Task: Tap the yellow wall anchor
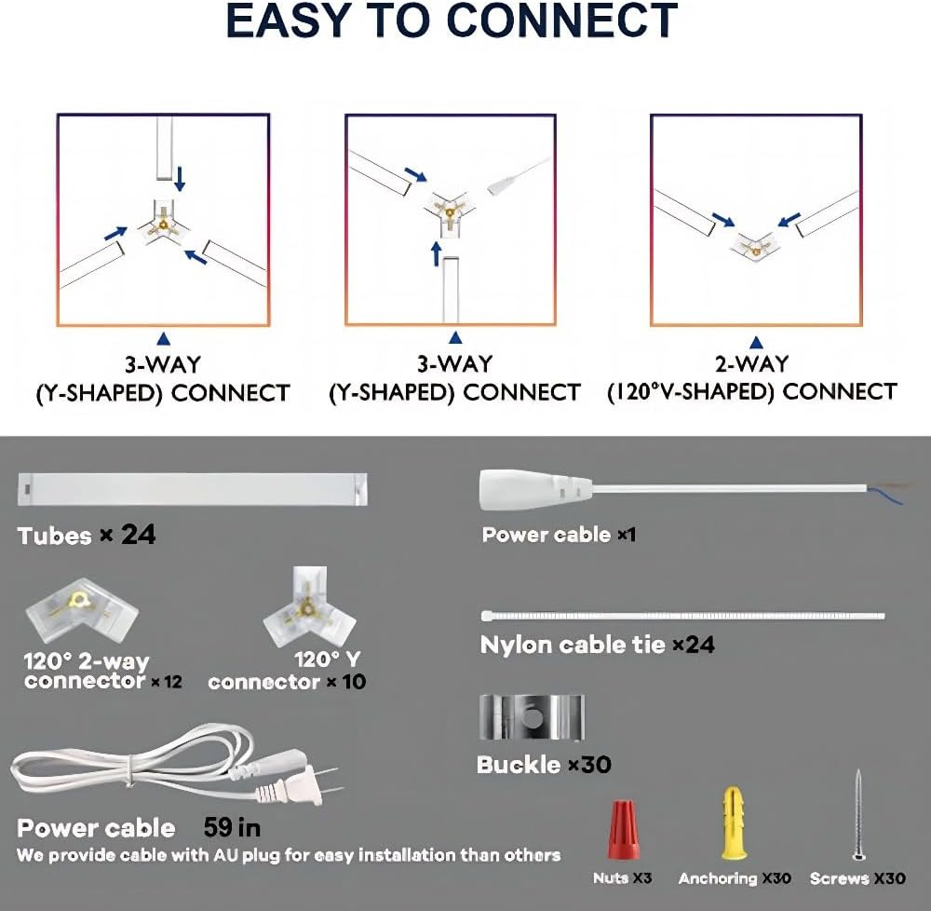734,824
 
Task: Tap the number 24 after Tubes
138,536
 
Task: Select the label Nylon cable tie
573,645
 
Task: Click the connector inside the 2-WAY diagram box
755,242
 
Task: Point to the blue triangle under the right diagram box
756,341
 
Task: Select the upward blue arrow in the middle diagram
436,252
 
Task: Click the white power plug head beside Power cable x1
535,489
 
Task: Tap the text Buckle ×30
544,765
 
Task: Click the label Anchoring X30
735,878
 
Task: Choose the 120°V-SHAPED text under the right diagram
694,392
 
